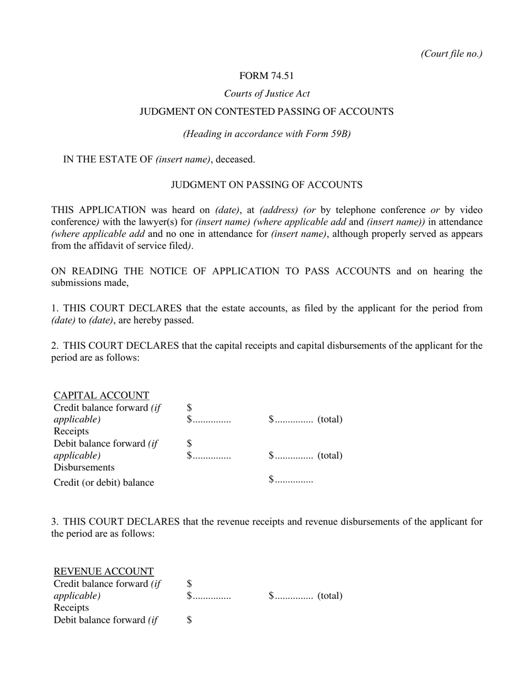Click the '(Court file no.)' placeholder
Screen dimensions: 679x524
pyautogui.click(x=451, y=54)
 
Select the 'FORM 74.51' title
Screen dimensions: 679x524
pyautogui.click(x=266, y=76)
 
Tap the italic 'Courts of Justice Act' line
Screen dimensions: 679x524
pyautogui.click(x=266, y=94)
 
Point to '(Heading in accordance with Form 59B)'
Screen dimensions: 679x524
pyautogui.click(x=266, y=134)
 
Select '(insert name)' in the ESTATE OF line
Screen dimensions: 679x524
pyautogui.click(x=183, y=160)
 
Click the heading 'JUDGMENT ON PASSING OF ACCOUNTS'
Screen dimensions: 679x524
pyautogui.click(x=266, y=185)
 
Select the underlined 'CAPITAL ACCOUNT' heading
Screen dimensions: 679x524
pyautogui.click(x=101, y=395)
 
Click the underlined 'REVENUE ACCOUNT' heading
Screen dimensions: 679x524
pyautogui.click(x=104, y=571)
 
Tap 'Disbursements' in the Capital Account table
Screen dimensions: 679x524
pyautogui.click(x=84, y=468)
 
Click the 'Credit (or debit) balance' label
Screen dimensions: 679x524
pyautogui.click(x=104, y=482)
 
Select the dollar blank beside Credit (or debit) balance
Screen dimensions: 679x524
pyautogui.click(x=291, y=480)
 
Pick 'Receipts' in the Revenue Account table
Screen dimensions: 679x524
pyautogui.click(x=71, y=608)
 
